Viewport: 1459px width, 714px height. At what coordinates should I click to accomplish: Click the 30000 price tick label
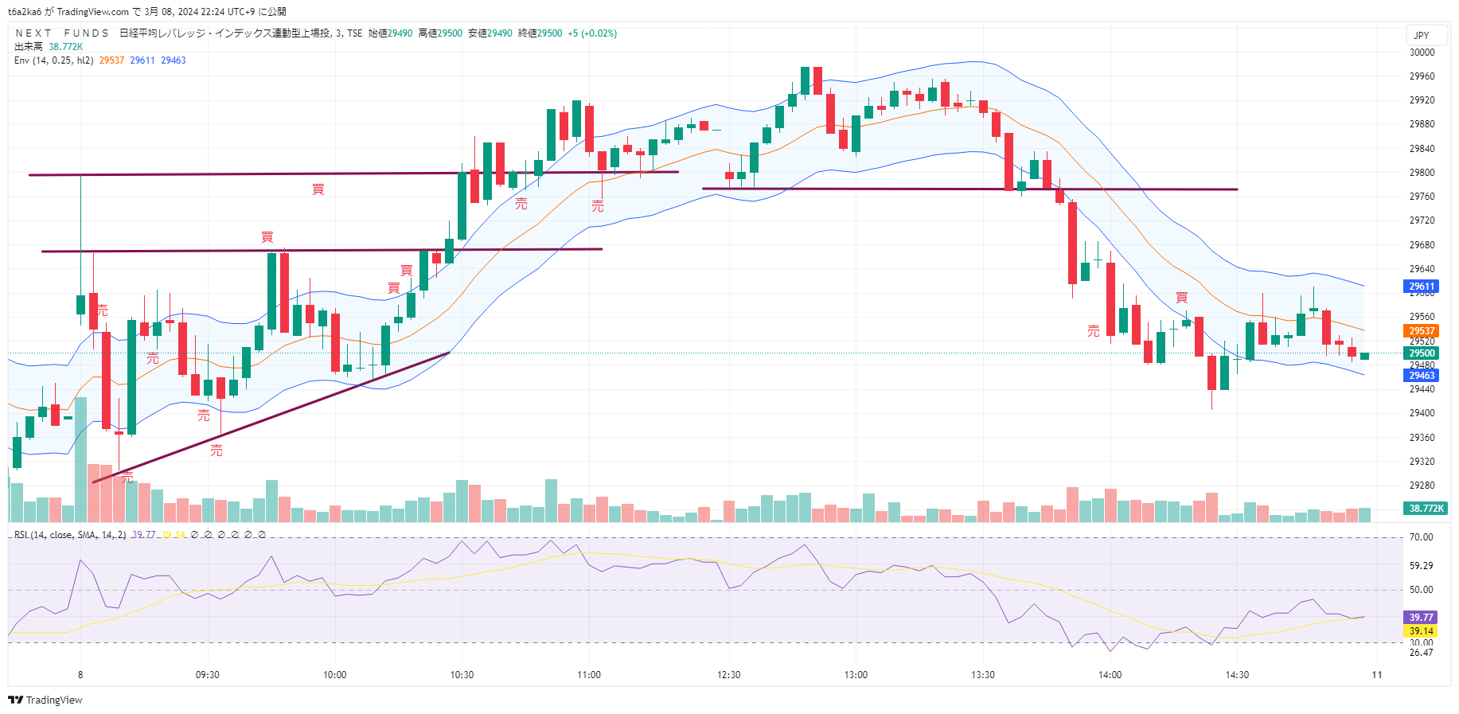[x=1422, y=53]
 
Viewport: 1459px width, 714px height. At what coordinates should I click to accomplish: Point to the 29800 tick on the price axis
[x=1422, y=173]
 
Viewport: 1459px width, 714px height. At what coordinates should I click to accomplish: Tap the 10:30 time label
[x=462, y=675]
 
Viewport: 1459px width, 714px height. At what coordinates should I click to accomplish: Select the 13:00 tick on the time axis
[x=856, y=675]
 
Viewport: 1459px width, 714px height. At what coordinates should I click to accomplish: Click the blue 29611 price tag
[x=1421, y=287]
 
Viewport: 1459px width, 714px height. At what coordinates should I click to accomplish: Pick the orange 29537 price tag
[x=1421, y=331]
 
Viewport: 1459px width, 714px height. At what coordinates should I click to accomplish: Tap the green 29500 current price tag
[x=1421, y=353]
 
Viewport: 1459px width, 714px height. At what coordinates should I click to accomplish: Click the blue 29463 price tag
[x=1421, y=376]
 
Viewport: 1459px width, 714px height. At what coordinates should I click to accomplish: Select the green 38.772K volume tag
[x=1426, y=508]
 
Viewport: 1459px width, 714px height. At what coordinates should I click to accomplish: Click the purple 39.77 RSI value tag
[x=1421, y=618]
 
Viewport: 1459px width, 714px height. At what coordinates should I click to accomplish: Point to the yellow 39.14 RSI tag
[x=1421, y=631]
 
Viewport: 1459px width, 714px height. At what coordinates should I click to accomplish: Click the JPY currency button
[x=1421, y=36]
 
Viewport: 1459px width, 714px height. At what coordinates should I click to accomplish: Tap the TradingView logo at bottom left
[x=45, y=700]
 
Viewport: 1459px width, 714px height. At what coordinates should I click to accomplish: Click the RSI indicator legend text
[x=70, y=535]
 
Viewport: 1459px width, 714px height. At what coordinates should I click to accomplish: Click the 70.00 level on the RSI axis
[x=1421, y=537]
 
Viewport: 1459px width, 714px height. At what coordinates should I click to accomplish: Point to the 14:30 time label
[x=1237, y=675]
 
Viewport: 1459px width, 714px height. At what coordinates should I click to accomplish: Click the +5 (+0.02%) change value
[x=592, y=33]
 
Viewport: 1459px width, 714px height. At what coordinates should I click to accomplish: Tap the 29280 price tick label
[x=1422, y=486]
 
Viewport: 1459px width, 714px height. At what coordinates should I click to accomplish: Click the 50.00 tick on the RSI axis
[x=1421, y=590]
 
